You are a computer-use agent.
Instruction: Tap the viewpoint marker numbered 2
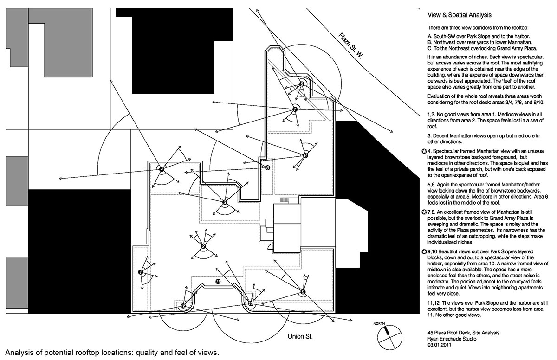(203, 246)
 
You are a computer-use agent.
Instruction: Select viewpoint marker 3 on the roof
(225, 202)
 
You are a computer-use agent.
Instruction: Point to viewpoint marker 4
(162, 169)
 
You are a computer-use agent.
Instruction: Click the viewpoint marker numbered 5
(267, 168)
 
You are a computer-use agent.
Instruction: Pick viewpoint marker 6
(305, 156)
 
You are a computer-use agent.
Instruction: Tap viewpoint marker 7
(295, 109)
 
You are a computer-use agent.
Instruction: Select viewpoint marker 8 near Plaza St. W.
(302, 84)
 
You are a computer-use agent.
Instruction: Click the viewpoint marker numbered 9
(303, 292)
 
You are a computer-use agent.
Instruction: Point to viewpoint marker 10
(251, 304)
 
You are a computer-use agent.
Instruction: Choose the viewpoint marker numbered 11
(218, 281)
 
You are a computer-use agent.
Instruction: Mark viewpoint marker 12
(183, 306)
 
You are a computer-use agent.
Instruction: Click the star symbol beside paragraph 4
(423, 151)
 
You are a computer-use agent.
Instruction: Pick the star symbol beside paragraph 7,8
(423, 212)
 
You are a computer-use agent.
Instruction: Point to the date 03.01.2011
(440, 345)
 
